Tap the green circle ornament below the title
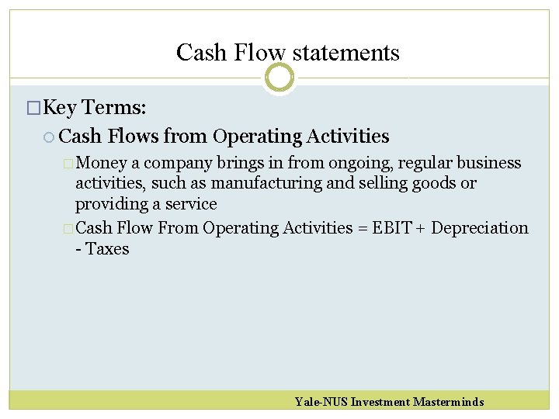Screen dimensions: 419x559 (279, 77)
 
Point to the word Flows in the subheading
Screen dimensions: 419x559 (134, 137)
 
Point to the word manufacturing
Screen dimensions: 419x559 (258, 184)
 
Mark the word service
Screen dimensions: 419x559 (191, 205)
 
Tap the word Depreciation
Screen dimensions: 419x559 (479, 228)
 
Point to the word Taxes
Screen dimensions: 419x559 (106, 249)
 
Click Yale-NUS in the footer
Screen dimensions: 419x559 (321, 402)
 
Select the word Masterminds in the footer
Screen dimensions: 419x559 (448, 402)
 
